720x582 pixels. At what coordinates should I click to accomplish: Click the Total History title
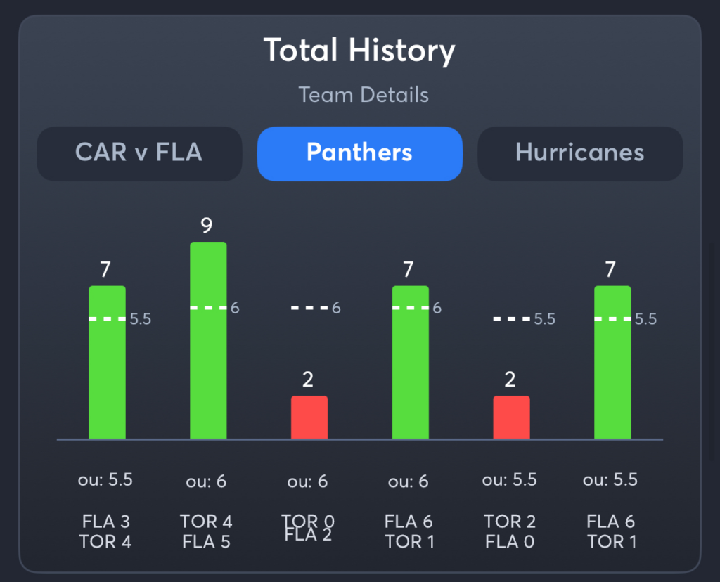[359, 51]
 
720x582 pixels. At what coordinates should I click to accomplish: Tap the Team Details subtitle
[364, 95]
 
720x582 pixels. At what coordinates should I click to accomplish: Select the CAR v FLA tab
[139, 153]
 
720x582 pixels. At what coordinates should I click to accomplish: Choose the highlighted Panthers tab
[359, 153]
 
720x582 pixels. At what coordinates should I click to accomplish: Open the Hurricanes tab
[580, 153]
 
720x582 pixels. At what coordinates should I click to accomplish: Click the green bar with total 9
[208, 341]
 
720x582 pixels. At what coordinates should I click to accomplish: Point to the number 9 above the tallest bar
[207, 226]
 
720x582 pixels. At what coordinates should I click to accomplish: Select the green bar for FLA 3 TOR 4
[107, 363]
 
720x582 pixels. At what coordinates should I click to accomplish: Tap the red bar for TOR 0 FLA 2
[309, 418]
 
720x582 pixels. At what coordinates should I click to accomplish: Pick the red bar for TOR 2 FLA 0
[511, 418]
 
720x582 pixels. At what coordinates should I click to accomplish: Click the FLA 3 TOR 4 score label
[106, 531]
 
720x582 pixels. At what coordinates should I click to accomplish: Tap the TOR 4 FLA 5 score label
[207, 531]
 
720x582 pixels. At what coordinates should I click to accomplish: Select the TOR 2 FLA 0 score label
[510, 531]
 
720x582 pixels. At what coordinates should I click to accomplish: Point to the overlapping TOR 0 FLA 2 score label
[308, 529]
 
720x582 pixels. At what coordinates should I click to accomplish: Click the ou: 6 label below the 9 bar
[207, 482]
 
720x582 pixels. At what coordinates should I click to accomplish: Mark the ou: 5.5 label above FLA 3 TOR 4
[105, 480]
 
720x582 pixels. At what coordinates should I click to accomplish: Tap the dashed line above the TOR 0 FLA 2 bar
[309, 308]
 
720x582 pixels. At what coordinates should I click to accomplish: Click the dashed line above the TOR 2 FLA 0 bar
[511, 319]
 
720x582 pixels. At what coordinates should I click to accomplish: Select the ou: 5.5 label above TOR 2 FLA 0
[510, 480]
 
